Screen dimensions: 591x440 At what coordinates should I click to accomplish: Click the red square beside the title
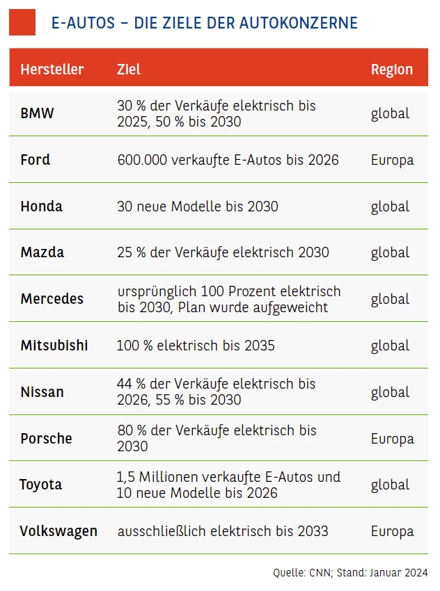click(x=22, y=22)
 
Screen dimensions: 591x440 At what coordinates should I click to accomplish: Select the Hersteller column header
click(x=52, y=70)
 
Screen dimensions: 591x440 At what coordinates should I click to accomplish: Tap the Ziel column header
click(x=129, y=70)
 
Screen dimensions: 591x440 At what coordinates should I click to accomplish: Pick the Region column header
click(x=392, y=70)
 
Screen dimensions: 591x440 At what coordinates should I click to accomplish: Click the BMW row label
click(x=37, y=113)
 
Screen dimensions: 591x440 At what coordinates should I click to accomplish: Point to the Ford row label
click(x=36, y=160)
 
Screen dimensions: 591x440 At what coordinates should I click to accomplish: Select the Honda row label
click(x=42, y=207)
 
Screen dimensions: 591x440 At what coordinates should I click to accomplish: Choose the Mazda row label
click(x=42, y=252)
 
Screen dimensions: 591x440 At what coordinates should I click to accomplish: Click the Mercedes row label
click(x=52, y=299)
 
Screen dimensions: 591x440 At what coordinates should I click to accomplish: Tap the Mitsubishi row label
click(x=54, y=346)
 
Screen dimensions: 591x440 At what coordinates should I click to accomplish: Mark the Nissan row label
click(x=42, y=392)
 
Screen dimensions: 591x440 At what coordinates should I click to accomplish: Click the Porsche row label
click(x=47, y=439)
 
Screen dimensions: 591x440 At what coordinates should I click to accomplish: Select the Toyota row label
click(x=40, y=485)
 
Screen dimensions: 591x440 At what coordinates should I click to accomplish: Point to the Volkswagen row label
click(x=58, y=531)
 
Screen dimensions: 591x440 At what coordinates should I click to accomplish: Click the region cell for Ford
click(x=392, y=160)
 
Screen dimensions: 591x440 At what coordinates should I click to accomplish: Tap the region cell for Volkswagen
click(x=392, y=531)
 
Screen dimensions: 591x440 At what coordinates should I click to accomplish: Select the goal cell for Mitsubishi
click(x=196, y=346)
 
